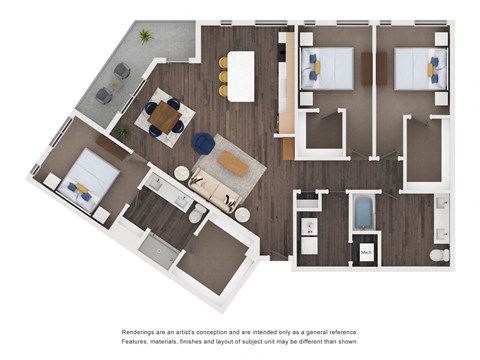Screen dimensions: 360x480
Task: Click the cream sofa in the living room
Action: pos(215,189)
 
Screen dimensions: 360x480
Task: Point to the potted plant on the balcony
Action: pos(146,36)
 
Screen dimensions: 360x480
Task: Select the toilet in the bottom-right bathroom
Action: pos(439,255)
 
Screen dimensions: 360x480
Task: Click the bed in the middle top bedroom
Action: pos(328,67)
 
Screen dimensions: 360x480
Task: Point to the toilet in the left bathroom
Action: pos(197,212)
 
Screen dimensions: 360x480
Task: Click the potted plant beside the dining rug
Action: pos(123,132)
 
